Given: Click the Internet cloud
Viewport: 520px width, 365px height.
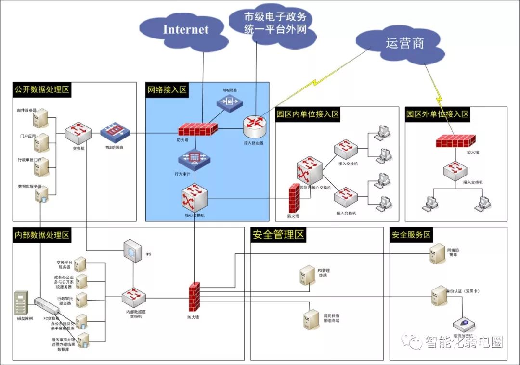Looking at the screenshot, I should pyautogui.click(x=186, y=30).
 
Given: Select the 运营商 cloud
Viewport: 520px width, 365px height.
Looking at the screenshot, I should pyautogui.click(x=404, y=44).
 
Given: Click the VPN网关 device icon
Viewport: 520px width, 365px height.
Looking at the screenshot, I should pyautogui.click(x=230, y=101).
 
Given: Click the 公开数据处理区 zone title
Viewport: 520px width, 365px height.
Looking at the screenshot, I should pyautogui.click(x=42, y=89).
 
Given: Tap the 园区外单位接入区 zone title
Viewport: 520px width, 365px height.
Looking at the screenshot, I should pyautogui.click(x=437, y=114).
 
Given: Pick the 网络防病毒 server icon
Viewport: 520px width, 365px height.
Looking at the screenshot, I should pyautogui.click(x=437, y=252).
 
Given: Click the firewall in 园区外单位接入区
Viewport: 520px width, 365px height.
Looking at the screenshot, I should pyautogui.click(x=455, y=140).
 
